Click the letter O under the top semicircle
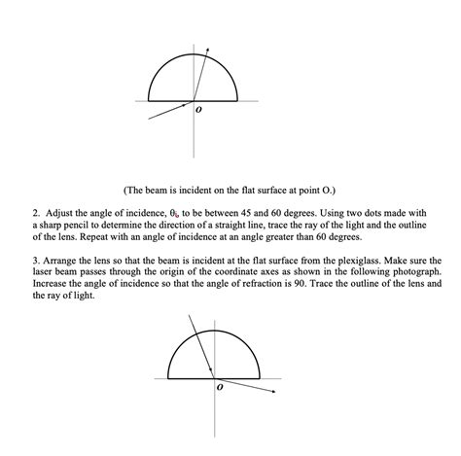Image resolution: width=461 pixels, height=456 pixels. click(200, 112)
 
